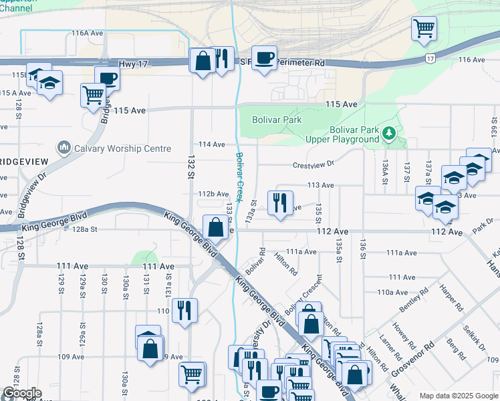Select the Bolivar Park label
[277, 120]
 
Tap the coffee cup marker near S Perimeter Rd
[265, 58]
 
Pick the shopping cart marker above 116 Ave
[424, 29]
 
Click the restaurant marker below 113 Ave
[280, 202]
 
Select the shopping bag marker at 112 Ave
[215, 227]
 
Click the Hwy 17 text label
[131, 63]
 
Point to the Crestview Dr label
[313, 164]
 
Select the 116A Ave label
[88, 33]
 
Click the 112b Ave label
[214, 194]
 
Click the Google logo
[22, 393]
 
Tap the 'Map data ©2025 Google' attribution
[459, 396]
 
